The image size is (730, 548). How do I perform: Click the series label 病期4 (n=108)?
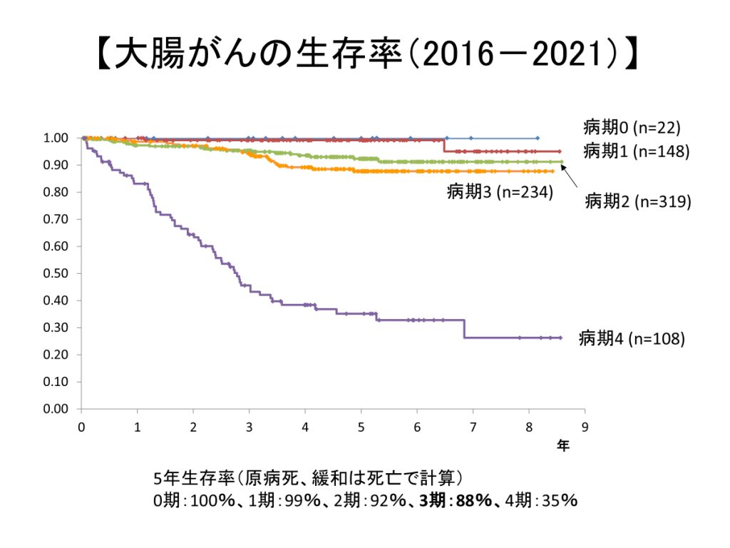[x=632, y=338]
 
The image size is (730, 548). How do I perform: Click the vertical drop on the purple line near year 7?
[x=464, y=328]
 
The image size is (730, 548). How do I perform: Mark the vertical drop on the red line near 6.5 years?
[x=444, y=146]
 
